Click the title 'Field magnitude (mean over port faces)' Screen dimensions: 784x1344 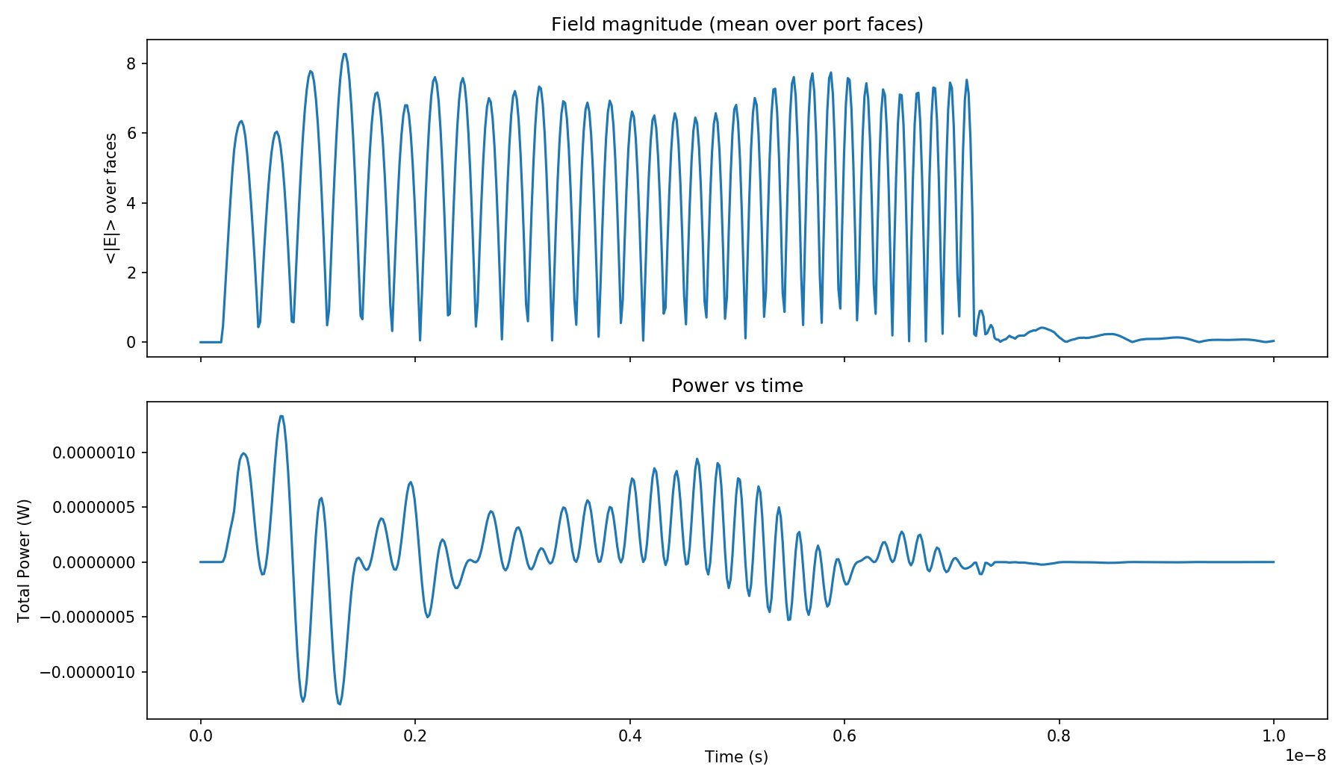[x=737, y=25]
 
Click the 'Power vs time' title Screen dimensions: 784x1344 [x=737, y=386]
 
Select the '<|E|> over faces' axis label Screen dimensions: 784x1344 [x=111, y=199]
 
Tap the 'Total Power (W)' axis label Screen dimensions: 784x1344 [x=25, y=560]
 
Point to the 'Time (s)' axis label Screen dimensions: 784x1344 [x=736, y=757]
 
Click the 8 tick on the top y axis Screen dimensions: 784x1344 [x=131, y=64]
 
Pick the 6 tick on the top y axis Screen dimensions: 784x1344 [x=131, y=134]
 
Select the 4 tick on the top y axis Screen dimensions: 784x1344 [x=131, y=203]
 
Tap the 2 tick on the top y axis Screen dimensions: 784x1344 [x=131, y=273]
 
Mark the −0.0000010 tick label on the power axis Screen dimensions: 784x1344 [x=87, y=672]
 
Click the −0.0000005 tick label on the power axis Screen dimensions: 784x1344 [x=87, y=617]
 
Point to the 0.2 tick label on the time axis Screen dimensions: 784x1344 [x=414, y=735]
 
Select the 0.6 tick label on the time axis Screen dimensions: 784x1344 [x=844, y=735]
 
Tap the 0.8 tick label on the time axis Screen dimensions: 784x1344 [x=1059, y=735]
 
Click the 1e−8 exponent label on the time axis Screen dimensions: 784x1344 [x=1305, y=756]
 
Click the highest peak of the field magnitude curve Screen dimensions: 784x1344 [x=344, y=54]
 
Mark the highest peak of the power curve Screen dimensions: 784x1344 [x=281, y=416]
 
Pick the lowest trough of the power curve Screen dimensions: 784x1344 [x=339, y=704]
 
